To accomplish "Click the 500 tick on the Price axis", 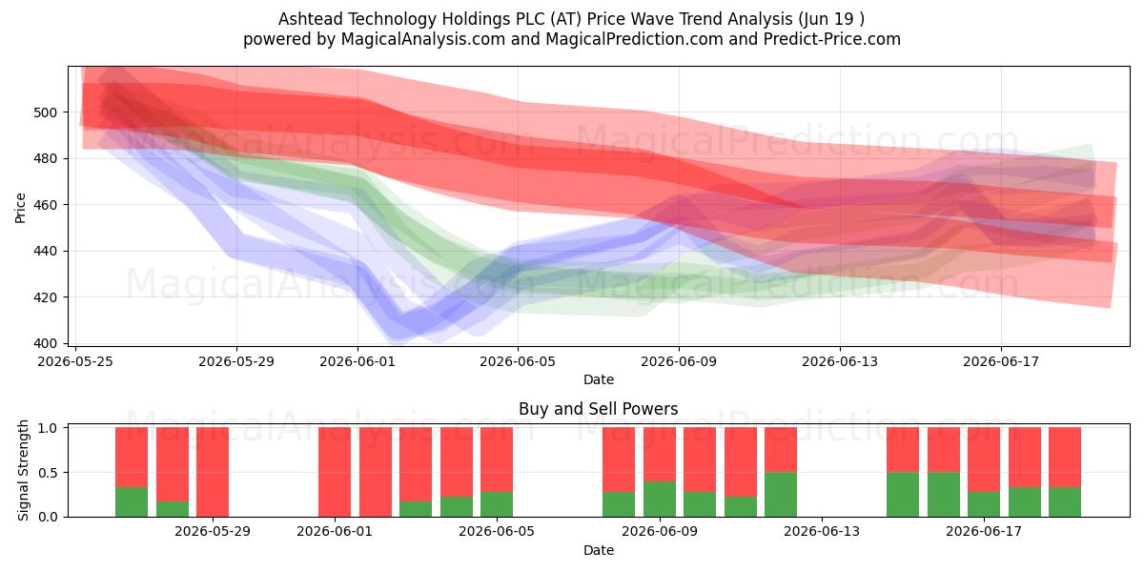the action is (x=46, y=112).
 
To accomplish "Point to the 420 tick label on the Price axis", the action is (x=46, y=297).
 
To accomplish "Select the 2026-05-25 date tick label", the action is (x=75, y=361).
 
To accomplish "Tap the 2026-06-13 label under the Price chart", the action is (x=840, y=361).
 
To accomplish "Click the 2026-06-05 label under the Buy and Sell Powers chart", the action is (x=497, y=532).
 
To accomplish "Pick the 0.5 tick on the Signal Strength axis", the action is (x=48, y=473).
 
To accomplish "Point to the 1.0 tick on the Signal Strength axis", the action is (x=48, y=427).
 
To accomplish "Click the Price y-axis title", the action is (x=20, y=208).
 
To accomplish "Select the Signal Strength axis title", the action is (x=23, y=470).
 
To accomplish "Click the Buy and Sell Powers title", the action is (x=598, y=409).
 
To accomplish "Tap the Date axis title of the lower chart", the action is (x=599, y=550).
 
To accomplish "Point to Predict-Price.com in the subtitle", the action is (x=832, y=39).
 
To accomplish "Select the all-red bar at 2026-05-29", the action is (x=213, y=472).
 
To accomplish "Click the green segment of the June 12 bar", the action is (x=781, y=495).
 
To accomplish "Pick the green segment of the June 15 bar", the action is (x=903, y=495).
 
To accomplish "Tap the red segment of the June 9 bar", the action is (x=659, y=454).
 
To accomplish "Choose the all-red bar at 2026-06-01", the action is (x=335, y=472).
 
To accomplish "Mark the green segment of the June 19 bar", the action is (x=1065, y=502).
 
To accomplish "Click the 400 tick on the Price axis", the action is (x=46, y=344).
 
